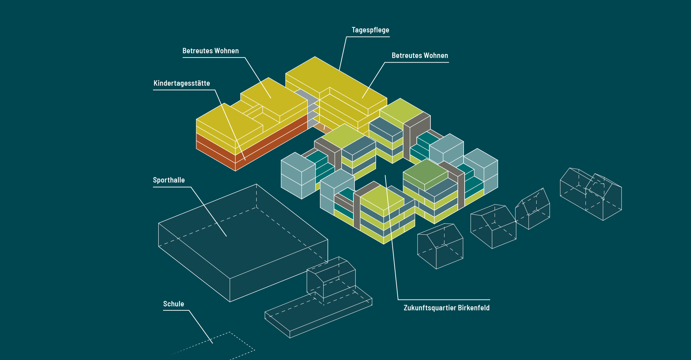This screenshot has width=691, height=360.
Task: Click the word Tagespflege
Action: [370, 30]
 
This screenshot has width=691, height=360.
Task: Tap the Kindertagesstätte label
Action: [182, 83]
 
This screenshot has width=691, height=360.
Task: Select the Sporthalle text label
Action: [169, 180]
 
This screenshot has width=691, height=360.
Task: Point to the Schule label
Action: [173, 304]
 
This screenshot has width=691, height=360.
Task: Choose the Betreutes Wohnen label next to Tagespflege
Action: [420, 55]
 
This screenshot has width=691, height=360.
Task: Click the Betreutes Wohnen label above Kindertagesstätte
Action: [211, 51]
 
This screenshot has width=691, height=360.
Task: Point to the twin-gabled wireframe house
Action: [590, 194]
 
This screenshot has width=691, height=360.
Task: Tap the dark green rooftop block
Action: [425, 173]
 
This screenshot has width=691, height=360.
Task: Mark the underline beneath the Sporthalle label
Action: [172, 187]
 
